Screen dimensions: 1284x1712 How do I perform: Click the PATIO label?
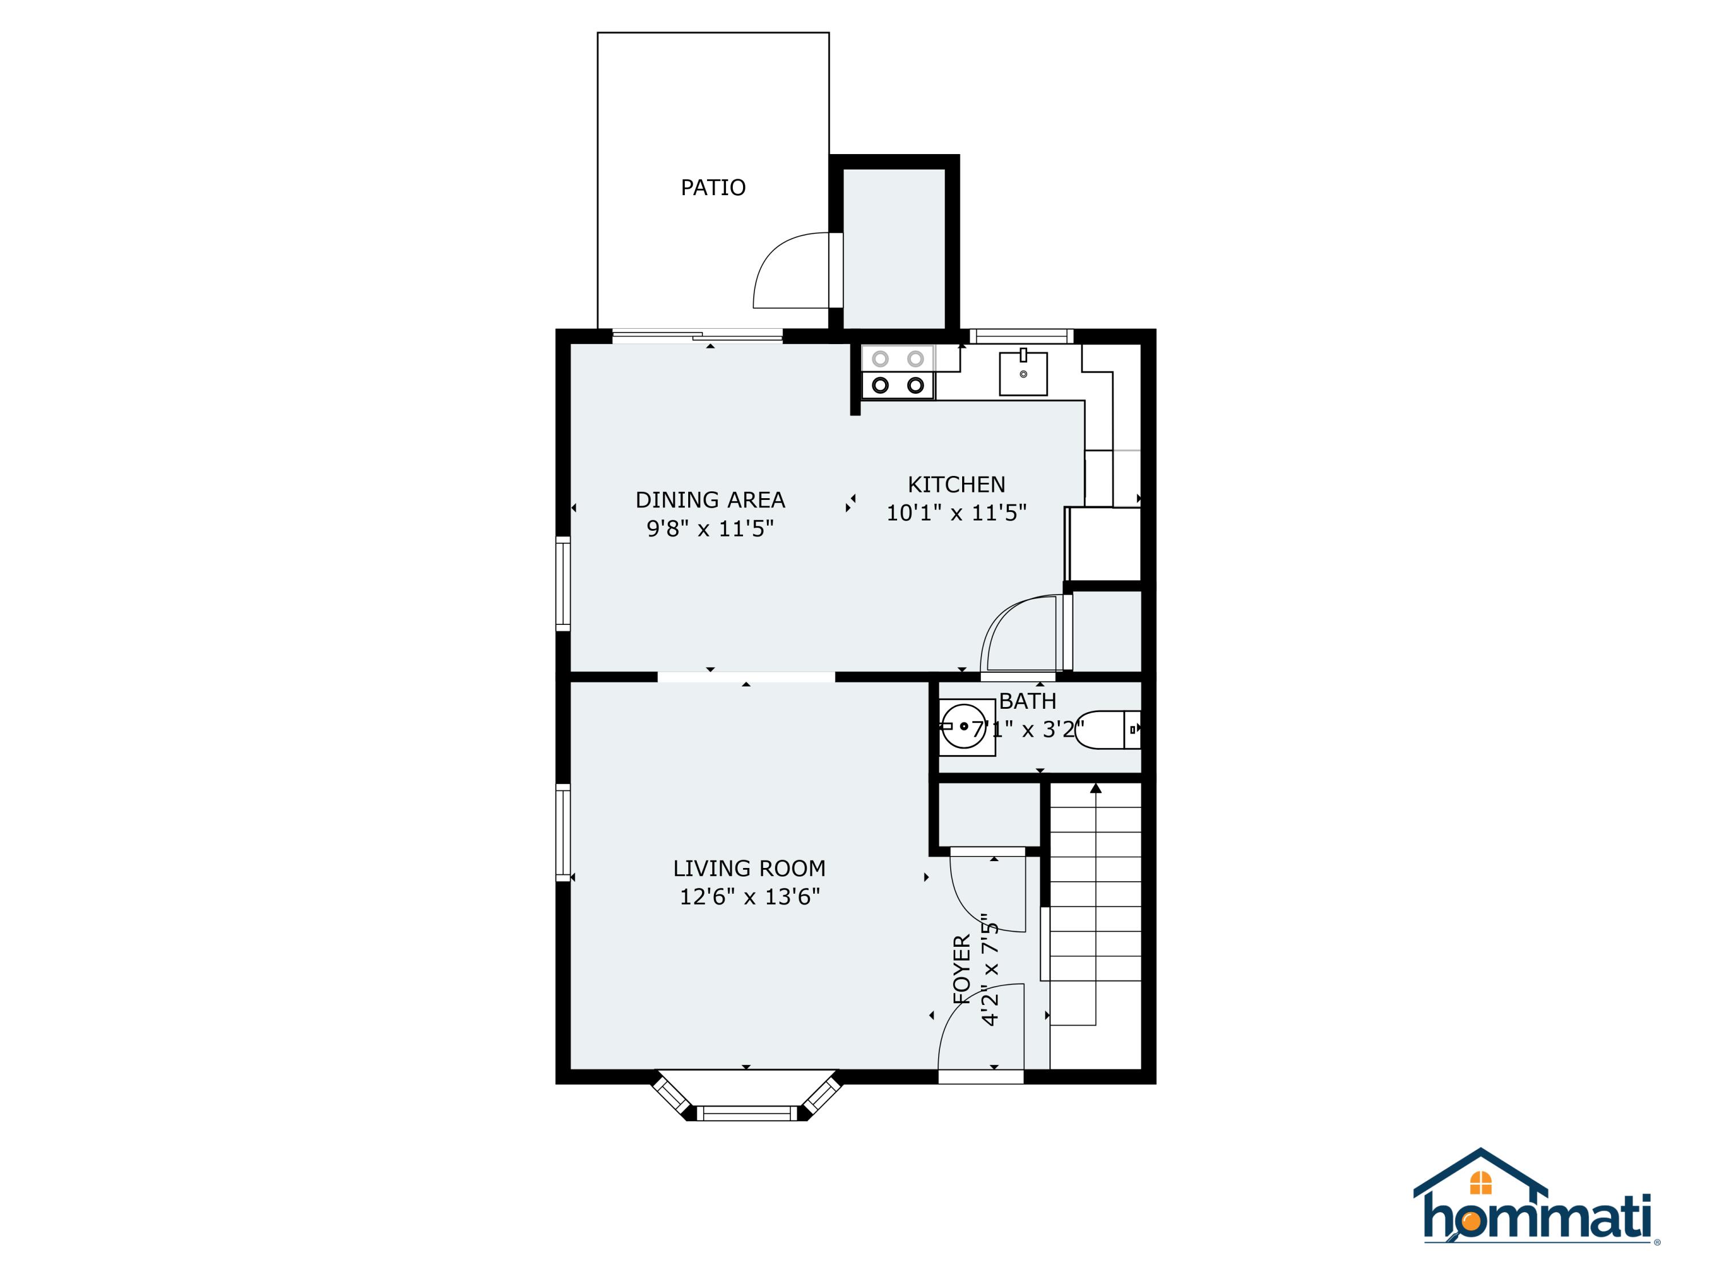pos(713,187)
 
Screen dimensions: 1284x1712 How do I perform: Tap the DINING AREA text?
pos(710,500)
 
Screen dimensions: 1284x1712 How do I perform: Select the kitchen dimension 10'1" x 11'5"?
pos(956,512)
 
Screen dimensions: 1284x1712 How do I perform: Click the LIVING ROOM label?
pos(748,869)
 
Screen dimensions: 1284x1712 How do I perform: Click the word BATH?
pos(1027,701)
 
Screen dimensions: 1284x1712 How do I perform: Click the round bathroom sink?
pos(964,726)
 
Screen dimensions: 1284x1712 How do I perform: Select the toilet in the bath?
pos(1107,730)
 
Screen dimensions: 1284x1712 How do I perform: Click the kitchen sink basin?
pos(1023,374)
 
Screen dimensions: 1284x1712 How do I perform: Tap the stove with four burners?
pos(898,372)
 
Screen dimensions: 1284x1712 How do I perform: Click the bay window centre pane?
pos(747,1113)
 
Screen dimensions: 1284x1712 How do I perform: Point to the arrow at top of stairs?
pos(1096,789)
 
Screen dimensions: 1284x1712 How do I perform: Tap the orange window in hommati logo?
pos(1480,1182)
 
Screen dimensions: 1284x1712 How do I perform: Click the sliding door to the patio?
pos(697,336)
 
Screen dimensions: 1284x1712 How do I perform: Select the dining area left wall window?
pos(563,583)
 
